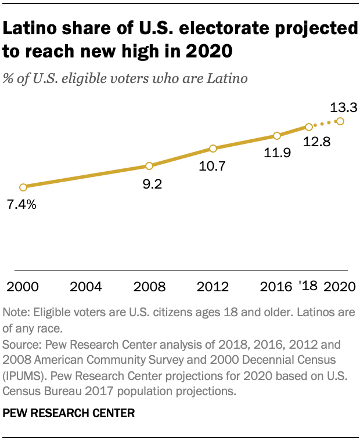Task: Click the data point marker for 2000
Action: pyautogui.click(x=23, y=187)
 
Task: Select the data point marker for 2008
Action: pyautogui.click(x=149, y=166)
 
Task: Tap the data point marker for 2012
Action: pyautogui.click(x=213, y=148)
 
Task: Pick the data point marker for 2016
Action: pyautogui.click(x=277, y=136)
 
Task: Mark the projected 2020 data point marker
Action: pyautogui.click(x=340, y=121)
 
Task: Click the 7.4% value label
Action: pyautogui.click(x=22, y=204)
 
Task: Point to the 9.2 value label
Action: pyautogui.click(x=149, y=184)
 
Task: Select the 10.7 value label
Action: pyautogui.click(x=213, y=166)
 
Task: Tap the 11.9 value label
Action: pyautogui.click(x=277, y=154)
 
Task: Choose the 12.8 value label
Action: pyautogui.click(x=317, y=142)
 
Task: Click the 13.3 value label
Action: pyautogui.click(x=343, y=107)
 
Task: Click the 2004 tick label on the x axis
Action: pyautogui.click(x=86, y=286)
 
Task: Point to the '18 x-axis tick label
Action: pyautogui.click(x=309, y=286)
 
